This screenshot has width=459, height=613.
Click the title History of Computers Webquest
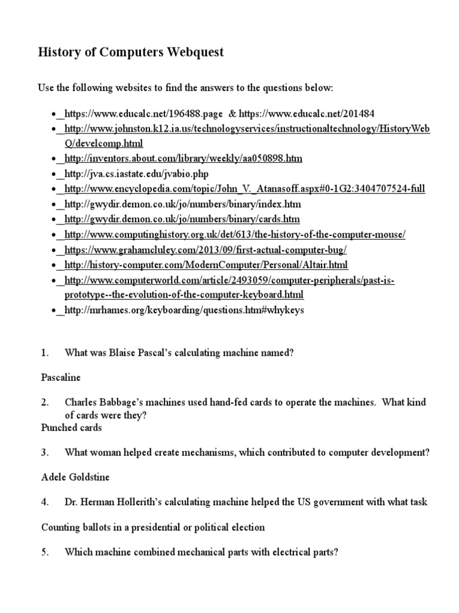131,52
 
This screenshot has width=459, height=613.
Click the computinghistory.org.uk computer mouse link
235,235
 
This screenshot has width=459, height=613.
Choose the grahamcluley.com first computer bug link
206,250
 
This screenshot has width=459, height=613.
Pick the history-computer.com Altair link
206,265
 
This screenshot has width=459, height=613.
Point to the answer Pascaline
60,378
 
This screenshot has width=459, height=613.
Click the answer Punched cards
71,427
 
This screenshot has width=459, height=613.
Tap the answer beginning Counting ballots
152,527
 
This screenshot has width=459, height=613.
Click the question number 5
45,553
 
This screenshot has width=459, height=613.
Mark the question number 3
45,453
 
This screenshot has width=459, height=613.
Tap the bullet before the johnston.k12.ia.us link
54,129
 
